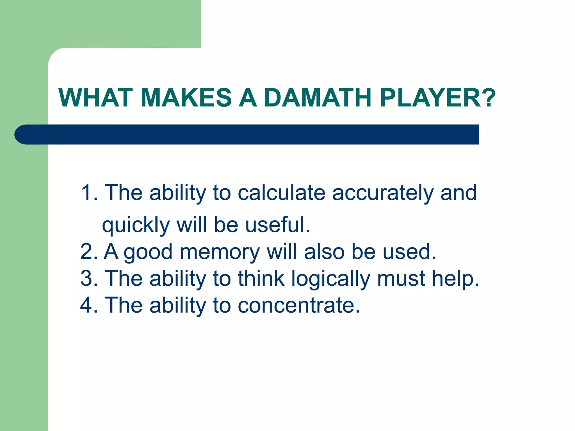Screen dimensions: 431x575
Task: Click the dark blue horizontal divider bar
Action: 247,134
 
